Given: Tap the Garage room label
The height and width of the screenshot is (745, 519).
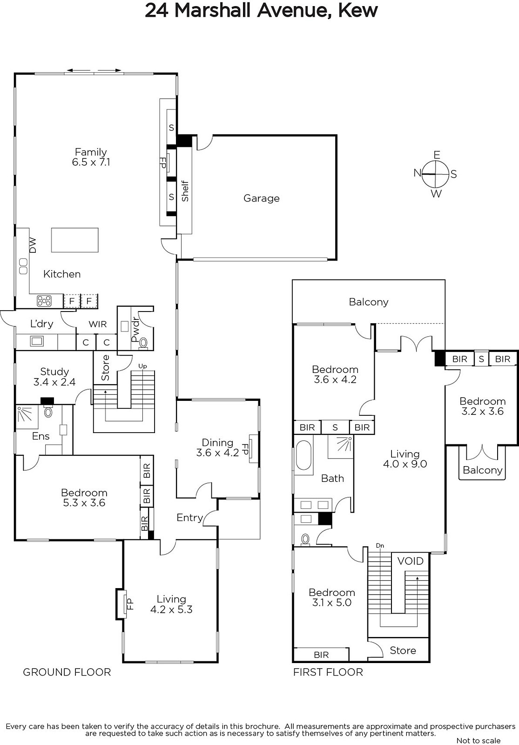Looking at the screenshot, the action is (x=261, y=198).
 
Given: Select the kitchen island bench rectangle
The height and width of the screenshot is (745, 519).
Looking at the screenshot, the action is (x=75, y=240).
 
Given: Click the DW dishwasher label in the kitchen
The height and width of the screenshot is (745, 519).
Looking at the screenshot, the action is (x=33, y=245).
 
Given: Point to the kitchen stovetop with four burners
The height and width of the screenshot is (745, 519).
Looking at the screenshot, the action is (x=44, y=301).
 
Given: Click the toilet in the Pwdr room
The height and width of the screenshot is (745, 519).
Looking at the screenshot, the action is (x=143, y=343).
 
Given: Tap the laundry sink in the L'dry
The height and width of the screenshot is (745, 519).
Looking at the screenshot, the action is (x=37, y=341).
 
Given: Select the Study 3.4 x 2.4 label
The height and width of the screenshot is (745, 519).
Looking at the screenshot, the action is (x=54, y=377).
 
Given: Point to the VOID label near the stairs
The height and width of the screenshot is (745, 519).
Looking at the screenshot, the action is (x=410, y=561).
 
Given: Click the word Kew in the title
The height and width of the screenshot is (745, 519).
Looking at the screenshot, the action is (x=358, y=10).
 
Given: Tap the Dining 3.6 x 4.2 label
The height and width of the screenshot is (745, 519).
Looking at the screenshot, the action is (x=217, y=447).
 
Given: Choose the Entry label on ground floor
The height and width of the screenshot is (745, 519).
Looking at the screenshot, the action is (x=189, y=517).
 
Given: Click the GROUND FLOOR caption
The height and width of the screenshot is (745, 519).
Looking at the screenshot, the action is (x=67, y=672).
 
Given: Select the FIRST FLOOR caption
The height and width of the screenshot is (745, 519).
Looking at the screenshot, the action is (x=328, y=672).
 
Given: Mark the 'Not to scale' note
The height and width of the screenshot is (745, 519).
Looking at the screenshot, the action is (x=479, y=740).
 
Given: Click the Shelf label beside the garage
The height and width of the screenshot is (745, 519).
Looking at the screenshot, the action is (x=185, y=191).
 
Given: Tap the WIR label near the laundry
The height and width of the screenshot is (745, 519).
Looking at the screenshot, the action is (x=97, y=324).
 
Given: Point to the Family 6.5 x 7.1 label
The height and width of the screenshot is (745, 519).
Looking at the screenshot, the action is (x=91, y=157).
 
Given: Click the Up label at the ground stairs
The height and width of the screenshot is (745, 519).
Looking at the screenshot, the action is (x=142, y=366).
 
